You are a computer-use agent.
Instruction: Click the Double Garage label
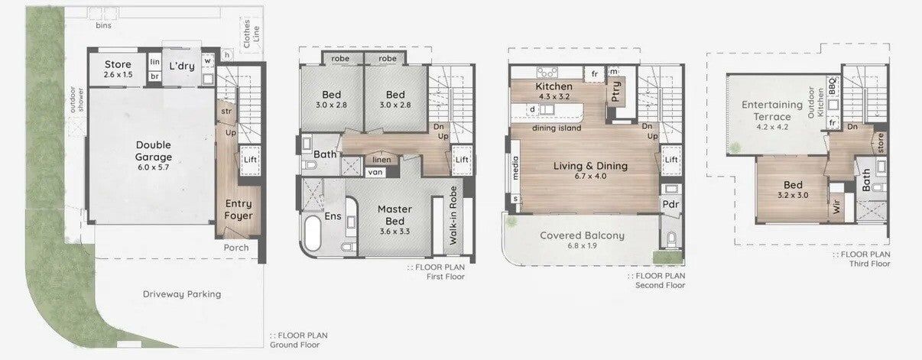click(x=153, y=151)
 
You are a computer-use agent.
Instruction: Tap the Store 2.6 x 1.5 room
click(x=118, y=69)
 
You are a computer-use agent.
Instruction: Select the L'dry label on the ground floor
click(x=181, y=66)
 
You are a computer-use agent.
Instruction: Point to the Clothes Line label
click(x=251, y=34)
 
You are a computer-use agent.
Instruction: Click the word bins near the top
click(x=103, y=25)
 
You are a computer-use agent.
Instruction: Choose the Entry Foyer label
click(x=239, y=209)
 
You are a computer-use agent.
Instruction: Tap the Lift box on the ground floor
click(x=250, y=160)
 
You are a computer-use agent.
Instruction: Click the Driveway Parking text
click(x=181, y=294)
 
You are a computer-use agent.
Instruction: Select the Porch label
click(x=236, y=248)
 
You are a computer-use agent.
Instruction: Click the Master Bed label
click(x=394, y=216)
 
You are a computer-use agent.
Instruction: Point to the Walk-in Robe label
click(x=453, y=216)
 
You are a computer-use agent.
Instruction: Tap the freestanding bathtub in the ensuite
click(x=313, y=233)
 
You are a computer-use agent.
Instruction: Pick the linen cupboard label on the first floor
click(x=381, y=160)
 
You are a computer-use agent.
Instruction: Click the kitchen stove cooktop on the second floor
click(x=547, y=73)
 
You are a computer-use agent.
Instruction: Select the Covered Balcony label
click(x=582, y=235)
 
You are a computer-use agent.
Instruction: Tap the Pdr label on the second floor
click(x=670, y=205)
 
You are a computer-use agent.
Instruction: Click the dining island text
click(x=557, y=128)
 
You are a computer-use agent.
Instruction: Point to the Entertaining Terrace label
click(x=772, y=111)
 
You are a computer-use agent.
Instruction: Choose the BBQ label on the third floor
click(x=833, y=86)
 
